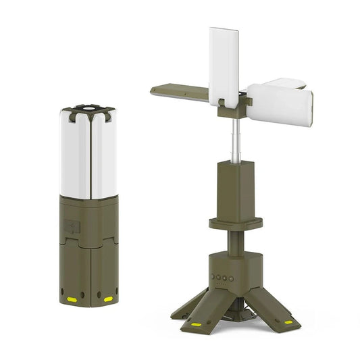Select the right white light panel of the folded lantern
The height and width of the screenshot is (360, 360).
[x=103, y=155]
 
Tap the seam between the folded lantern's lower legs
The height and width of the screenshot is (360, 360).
[x=88, y=270]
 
